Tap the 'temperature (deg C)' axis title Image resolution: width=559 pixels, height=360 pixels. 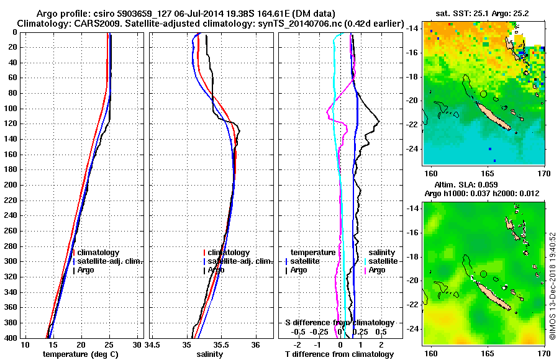click(80, 354)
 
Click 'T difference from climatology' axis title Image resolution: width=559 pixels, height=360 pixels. click(340, 354)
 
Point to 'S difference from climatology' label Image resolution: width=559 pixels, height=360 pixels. click(340, 323)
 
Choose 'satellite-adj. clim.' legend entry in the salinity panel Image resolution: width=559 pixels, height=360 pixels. click(239, 261)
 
